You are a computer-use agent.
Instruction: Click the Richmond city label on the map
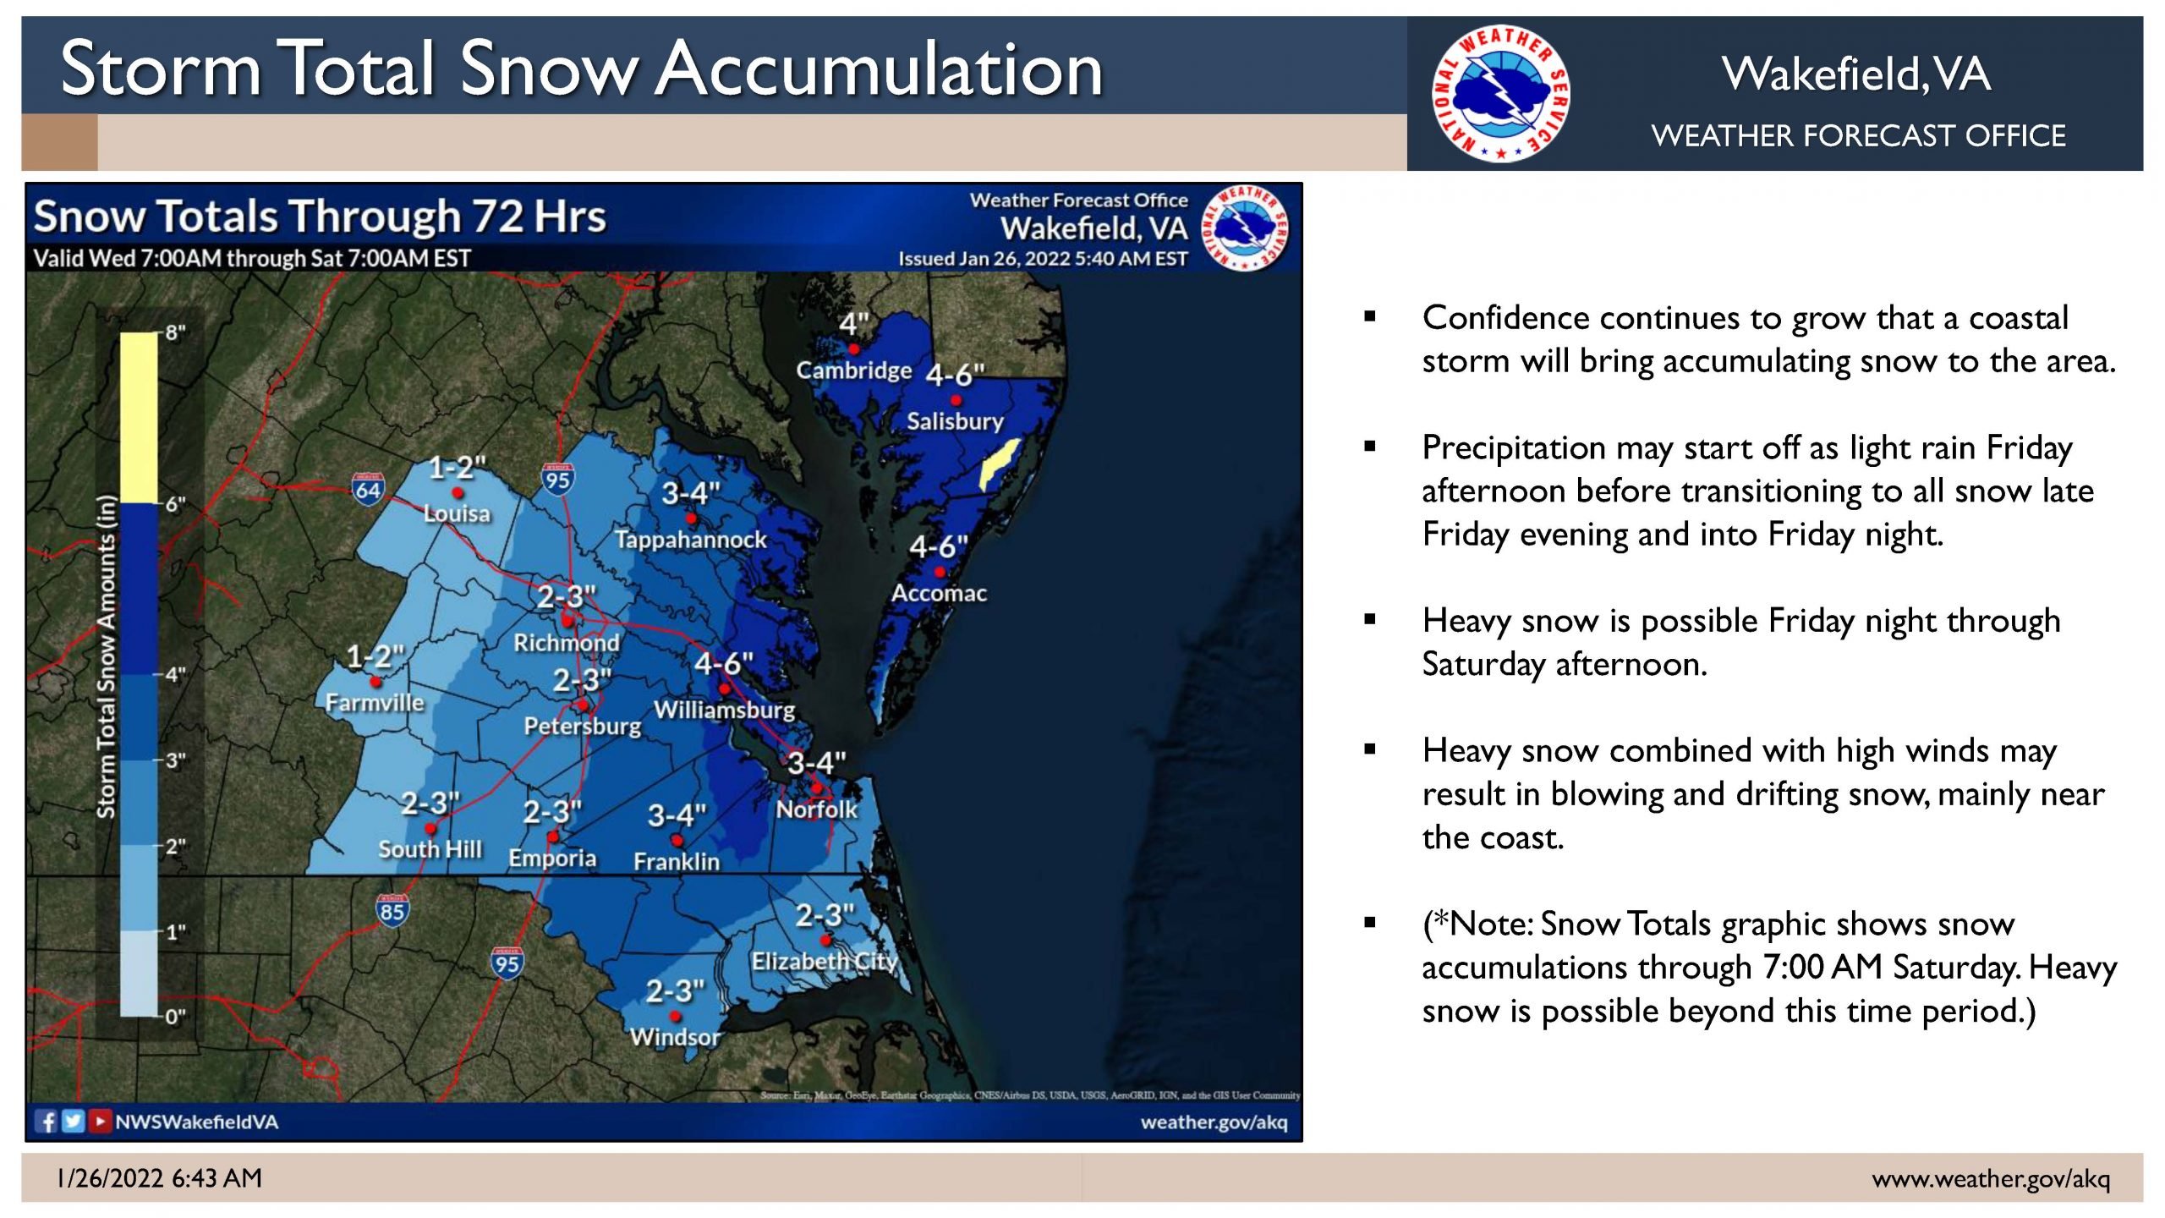click(566, 643)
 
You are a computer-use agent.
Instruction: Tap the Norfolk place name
click(816, 809)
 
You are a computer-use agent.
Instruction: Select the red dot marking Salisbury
click(956, 400)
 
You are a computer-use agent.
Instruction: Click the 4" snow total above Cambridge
click(853, 324)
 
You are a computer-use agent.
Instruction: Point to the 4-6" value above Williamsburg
click(723, 664)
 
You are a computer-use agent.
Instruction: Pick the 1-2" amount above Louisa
click(457, 468)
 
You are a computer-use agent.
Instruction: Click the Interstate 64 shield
click(368, 489)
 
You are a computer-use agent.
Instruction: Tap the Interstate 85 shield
click(392, 910)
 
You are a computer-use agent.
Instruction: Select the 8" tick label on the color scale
click(175, 332)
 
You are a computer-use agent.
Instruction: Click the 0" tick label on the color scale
click(175, 1017)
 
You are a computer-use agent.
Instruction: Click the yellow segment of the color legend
click(139, 418)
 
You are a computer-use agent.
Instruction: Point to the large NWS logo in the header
click(1500, 93)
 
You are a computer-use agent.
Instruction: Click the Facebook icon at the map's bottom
click(47, 1122)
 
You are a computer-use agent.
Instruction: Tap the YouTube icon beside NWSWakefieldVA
click(100, 1122)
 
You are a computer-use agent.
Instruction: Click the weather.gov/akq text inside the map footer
click(1214, 1122)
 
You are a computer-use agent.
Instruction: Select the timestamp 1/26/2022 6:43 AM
click(159, 1178)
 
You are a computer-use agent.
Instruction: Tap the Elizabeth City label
click(825, 962)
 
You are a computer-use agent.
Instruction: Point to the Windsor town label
click(675, 1037)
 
